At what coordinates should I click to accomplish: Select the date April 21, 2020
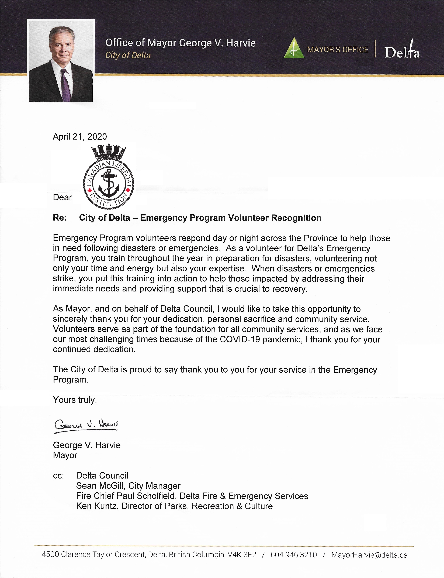[80, 136]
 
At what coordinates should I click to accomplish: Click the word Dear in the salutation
[62, 197]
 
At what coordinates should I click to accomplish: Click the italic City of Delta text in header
[128, 55]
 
